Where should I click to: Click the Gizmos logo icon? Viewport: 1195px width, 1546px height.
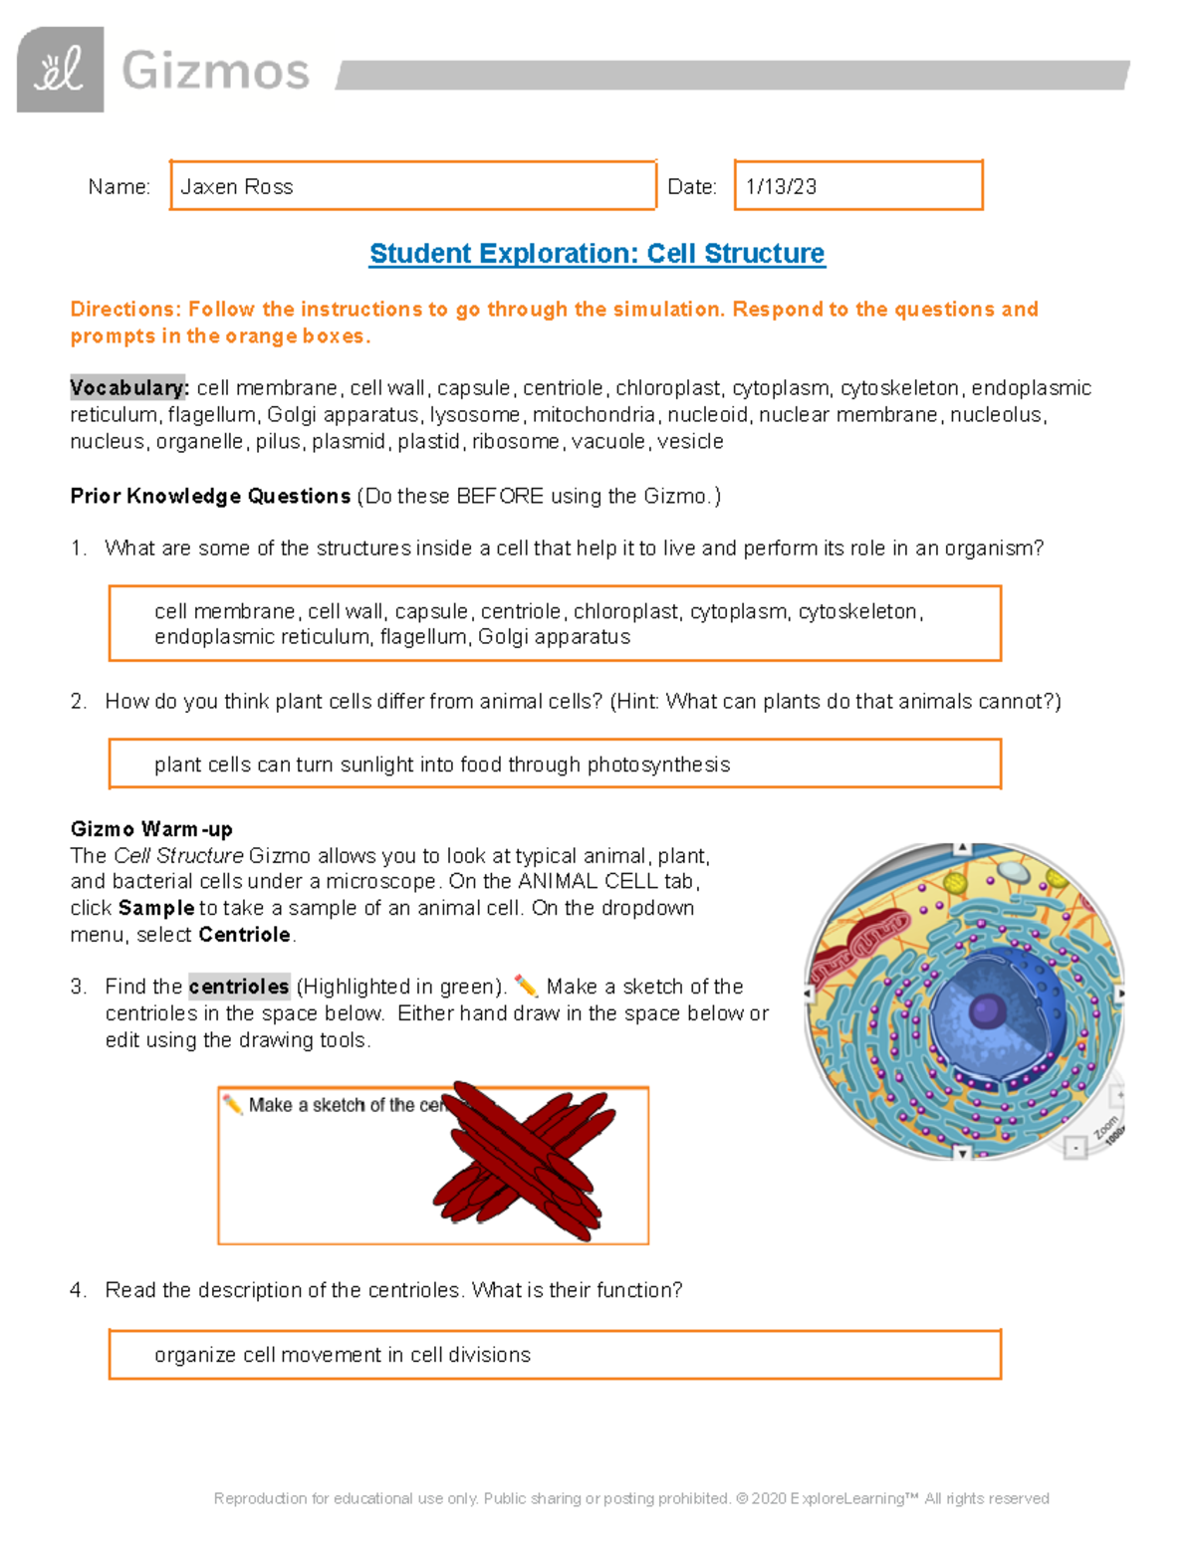pos(60,70)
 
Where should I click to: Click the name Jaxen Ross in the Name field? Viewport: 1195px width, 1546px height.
pos(236,187)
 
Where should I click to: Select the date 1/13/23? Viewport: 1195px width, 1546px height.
pos(781,187)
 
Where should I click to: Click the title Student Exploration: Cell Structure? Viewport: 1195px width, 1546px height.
pos(597,254)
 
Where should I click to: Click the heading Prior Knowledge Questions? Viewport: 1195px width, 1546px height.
pos(210,496)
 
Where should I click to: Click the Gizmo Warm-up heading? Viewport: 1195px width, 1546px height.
pos(151,829)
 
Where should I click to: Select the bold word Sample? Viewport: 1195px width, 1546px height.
pos(156,908)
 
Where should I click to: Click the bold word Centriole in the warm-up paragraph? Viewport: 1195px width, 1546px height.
pos(245,935)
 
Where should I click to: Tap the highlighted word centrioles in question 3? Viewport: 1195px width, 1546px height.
pos(239,987)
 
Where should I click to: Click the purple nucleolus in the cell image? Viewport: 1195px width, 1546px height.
pos(987,1011)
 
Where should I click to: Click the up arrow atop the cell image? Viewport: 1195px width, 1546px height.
pos(962,848)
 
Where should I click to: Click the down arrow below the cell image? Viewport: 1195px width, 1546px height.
pos(962,1153)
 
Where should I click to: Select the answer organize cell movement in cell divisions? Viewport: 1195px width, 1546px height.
pos(343,1355)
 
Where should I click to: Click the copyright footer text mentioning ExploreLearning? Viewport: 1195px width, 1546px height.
pos(631,1498)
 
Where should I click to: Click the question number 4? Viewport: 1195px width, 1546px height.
pos(79,1290)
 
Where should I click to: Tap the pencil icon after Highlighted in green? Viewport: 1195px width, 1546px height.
pos(526,987)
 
